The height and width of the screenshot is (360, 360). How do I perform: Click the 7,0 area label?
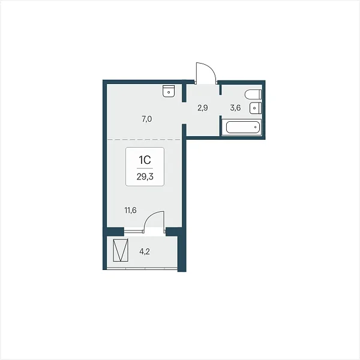point(147,119)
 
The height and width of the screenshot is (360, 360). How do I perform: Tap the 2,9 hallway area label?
point(203,107)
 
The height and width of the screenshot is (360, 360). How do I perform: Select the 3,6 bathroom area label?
point(236,107)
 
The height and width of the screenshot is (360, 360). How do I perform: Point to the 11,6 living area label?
point(131,210)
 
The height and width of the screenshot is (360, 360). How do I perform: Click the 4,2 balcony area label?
point(145,251)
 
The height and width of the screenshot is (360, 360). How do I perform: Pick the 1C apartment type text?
point(145,160)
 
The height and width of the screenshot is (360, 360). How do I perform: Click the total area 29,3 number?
point(145,177)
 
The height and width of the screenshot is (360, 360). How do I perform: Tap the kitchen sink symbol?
point(169,91)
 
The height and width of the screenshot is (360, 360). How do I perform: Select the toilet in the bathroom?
point(253,94)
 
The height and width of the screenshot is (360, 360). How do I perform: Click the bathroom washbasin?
point(256,108)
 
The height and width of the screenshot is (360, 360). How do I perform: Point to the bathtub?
point(243,127)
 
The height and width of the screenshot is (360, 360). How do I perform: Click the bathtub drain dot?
point(256,127)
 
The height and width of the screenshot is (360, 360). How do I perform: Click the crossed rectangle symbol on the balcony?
point(121,250)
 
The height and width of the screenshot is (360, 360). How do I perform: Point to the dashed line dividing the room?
point(144,140)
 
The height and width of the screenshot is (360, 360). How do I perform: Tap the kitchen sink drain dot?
point(169,92)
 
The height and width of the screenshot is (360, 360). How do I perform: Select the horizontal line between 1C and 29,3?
point(145,169)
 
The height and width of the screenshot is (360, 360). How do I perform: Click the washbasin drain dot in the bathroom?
point(254,108)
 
